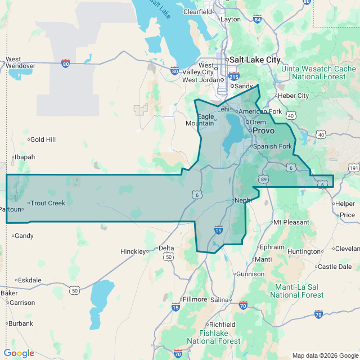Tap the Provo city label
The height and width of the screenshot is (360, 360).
click(x=263, y=130)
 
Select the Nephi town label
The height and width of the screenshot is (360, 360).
click(x=242, y=200)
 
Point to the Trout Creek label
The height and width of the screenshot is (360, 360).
click(x=47, y=203)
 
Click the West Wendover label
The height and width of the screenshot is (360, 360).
click(x=20, y=62)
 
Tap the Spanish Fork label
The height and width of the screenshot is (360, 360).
click(x=272, y=146)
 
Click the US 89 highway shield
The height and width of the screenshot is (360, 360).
click(x=264, y=179)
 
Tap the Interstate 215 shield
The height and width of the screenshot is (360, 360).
click(x=234, y=76)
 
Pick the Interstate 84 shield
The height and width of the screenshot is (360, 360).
click(x=257, y=20)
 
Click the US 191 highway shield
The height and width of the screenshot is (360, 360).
click(x=353, y=168)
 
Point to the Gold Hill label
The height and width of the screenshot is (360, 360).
click(x=43, y=139)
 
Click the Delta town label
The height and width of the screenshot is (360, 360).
click(x=166, y=248)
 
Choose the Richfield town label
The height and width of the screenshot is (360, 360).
click(x=222, y=325)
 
